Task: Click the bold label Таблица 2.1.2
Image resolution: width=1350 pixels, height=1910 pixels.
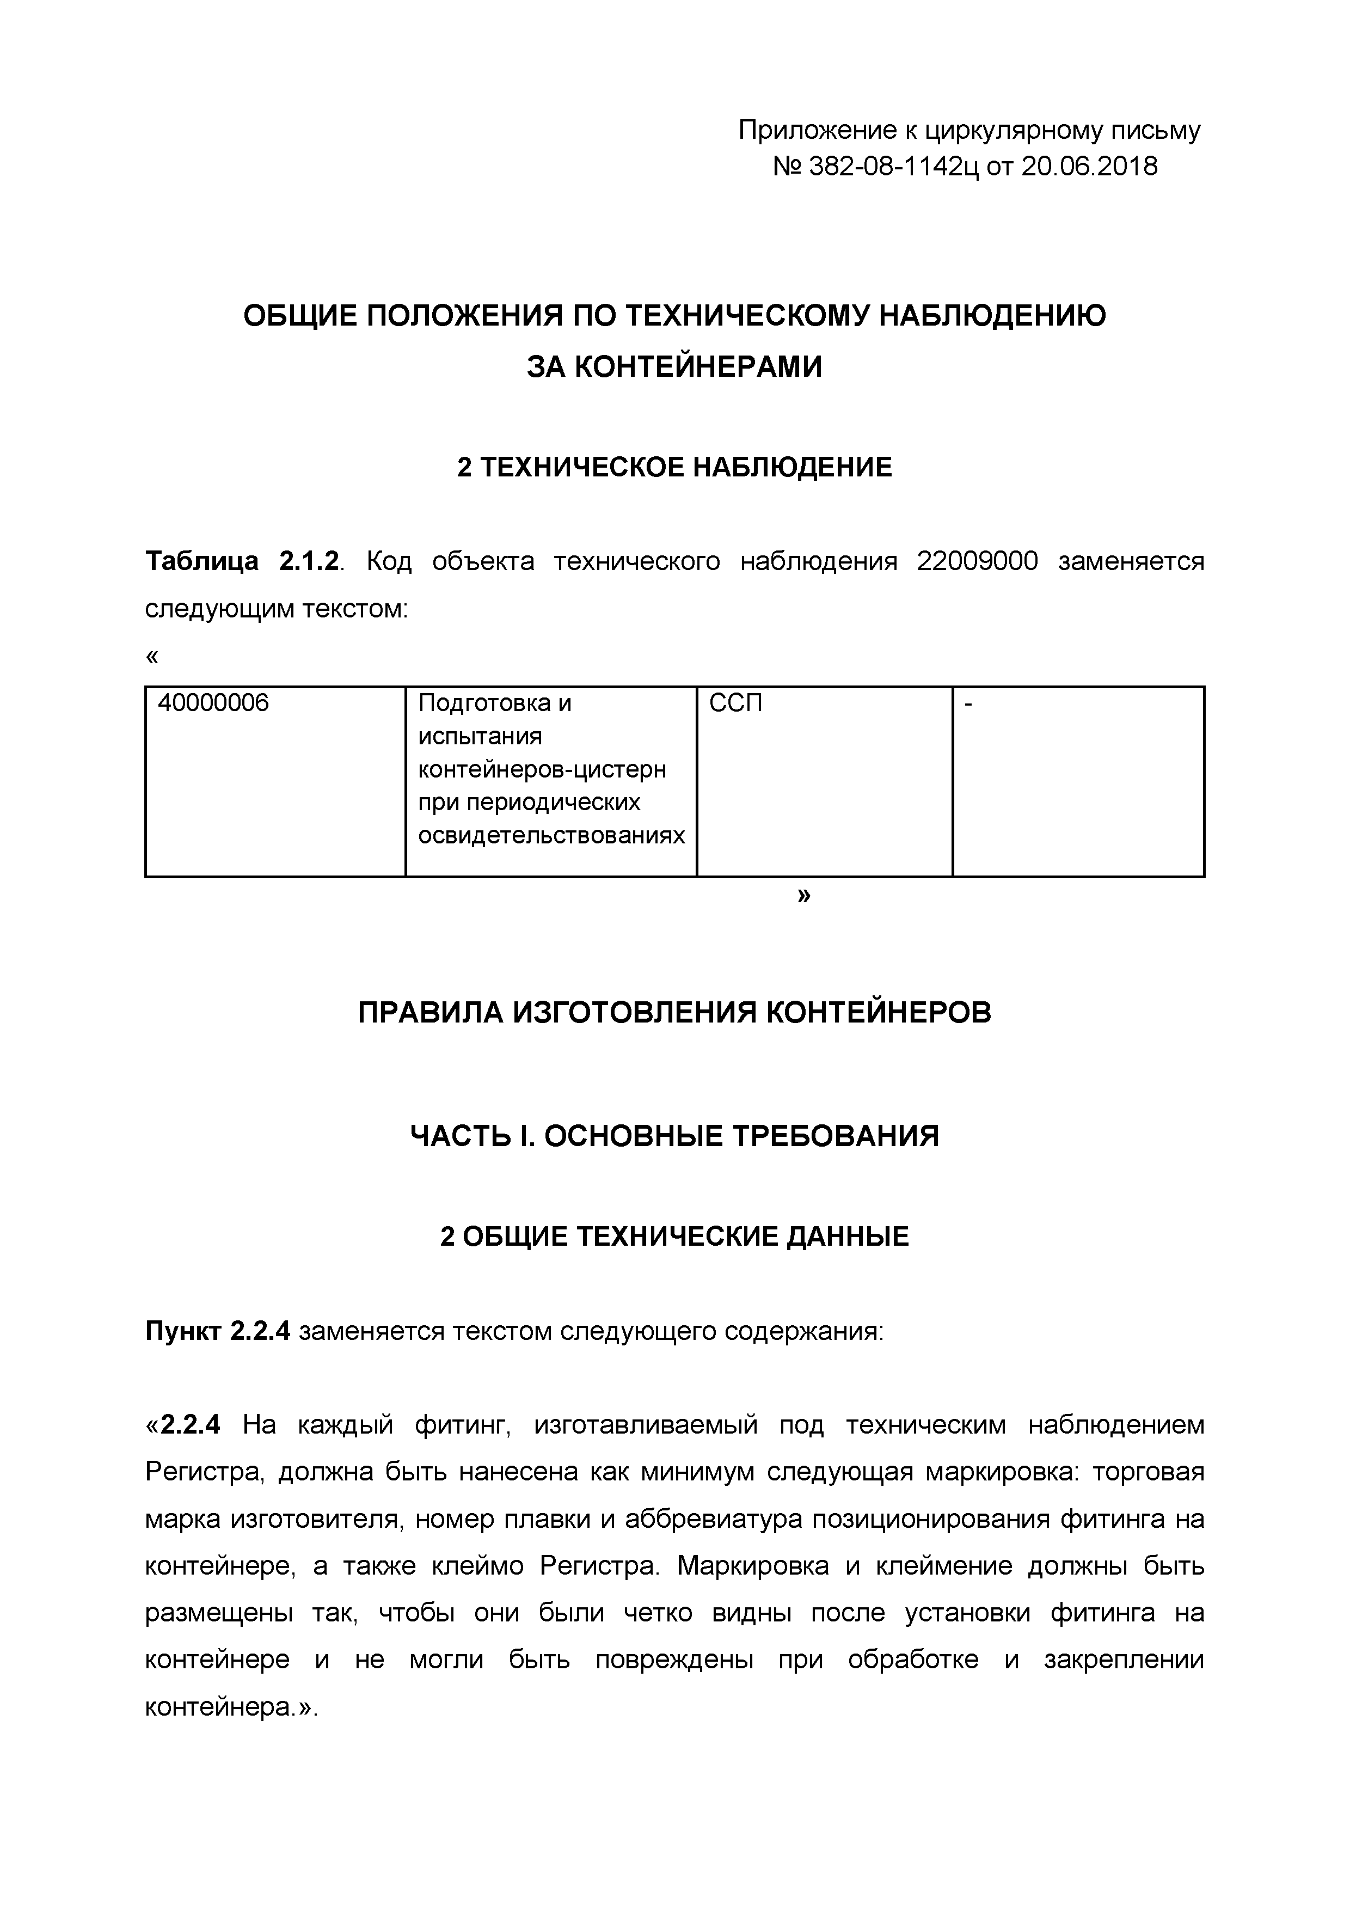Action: (243, 561)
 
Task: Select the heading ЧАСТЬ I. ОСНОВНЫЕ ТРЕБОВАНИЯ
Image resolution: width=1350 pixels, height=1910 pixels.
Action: (674, 1136)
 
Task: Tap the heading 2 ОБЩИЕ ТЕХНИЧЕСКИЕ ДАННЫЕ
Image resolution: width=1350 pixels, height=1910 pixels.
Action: (674, 1237)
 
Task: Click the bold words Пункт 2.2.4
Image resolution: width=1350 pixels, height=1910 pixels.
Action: (218, 1332)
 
